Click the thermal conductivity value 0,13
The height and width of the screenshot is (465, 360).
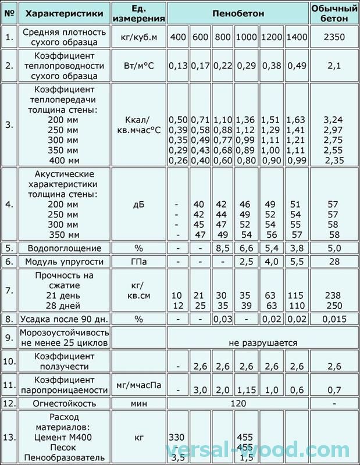(178, 66)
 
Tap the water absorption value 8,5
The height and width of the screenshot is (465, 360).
(221, 248)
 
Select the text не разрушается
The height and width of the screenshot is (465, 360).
(263, 343)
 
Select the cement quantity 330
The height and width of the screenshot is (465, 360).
(178, 437)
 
